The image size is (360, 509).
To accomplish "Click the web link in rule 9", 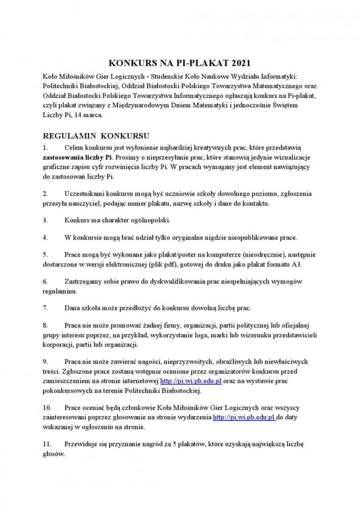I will pyautogui.click(x=191, y=381).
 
